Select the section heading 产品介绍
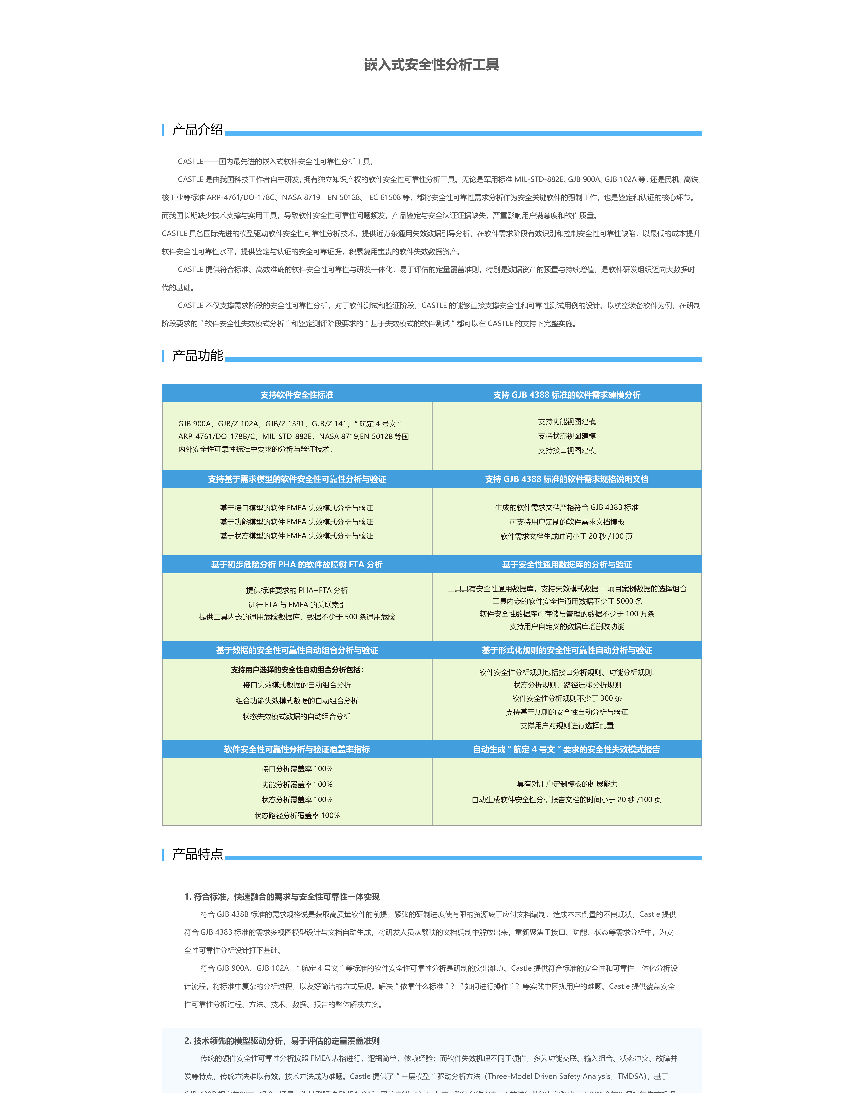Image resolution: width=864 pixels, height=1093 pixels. click(197, 130)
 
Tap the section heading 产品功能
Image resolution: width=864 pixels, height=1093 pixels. click(197, 356)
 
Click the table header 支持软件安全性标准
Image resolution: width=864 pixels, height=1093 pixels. click(297, 395)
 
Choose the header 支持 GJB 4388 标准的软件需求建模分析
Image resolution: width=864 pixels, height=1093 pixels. click(567, 395)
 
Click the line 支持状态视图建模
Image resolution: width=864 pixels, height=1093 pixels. click(567, 436)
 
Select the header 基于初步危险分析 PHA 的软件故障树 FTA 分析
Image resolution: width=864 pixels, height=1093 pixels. click(297, 564)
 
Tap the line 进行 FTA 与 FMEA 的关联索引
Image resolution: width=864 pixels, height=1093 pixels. click(297, 604)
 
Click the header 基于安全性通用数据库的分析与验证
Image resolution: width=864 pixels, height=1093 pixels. click(567, 564)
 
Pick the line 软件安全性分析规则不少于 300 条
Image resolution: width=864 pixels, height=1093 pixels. click(567, 698)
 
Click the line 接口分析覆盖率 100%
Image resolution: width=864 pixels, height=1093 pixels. click(297, 768)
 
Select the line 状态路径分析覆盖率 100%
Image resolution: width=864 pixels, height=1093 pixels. click(297, 815)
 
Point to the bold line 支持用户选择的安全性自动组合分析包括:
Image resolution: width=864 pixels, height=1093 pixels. click(297, 670)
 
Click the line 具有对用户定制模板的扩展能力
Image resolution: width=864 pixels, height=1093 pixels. click(567, 784)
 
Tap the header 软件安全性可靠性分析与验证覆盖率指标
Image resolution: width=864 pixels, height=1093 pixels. click(297, 749)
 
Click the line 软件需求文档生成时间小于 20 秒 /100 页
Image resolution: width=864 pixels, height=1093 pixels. click(567, 536)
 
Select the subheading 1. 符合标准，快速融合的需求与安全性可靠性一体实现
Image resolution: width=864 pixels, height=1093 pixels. click(282, 897)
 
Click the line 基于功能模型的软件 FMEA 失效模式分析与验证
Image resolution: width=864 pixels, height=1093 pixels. click(297, 522)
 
